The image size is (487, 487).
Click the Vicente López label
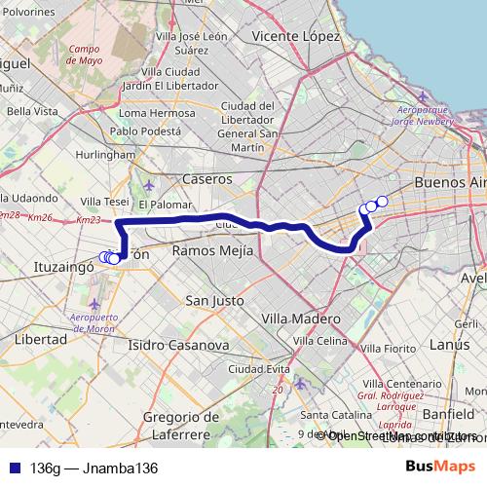(295, 36)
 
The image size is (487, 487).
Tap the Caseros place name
(207, 179)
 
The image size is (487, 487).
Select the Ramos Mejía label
(211, 251)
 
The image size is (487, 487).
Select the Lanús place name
(449, 345)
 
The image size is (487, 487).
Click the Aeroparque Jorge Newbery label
(420, 117)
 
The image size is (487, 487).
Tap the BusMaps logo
(440, 468)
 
